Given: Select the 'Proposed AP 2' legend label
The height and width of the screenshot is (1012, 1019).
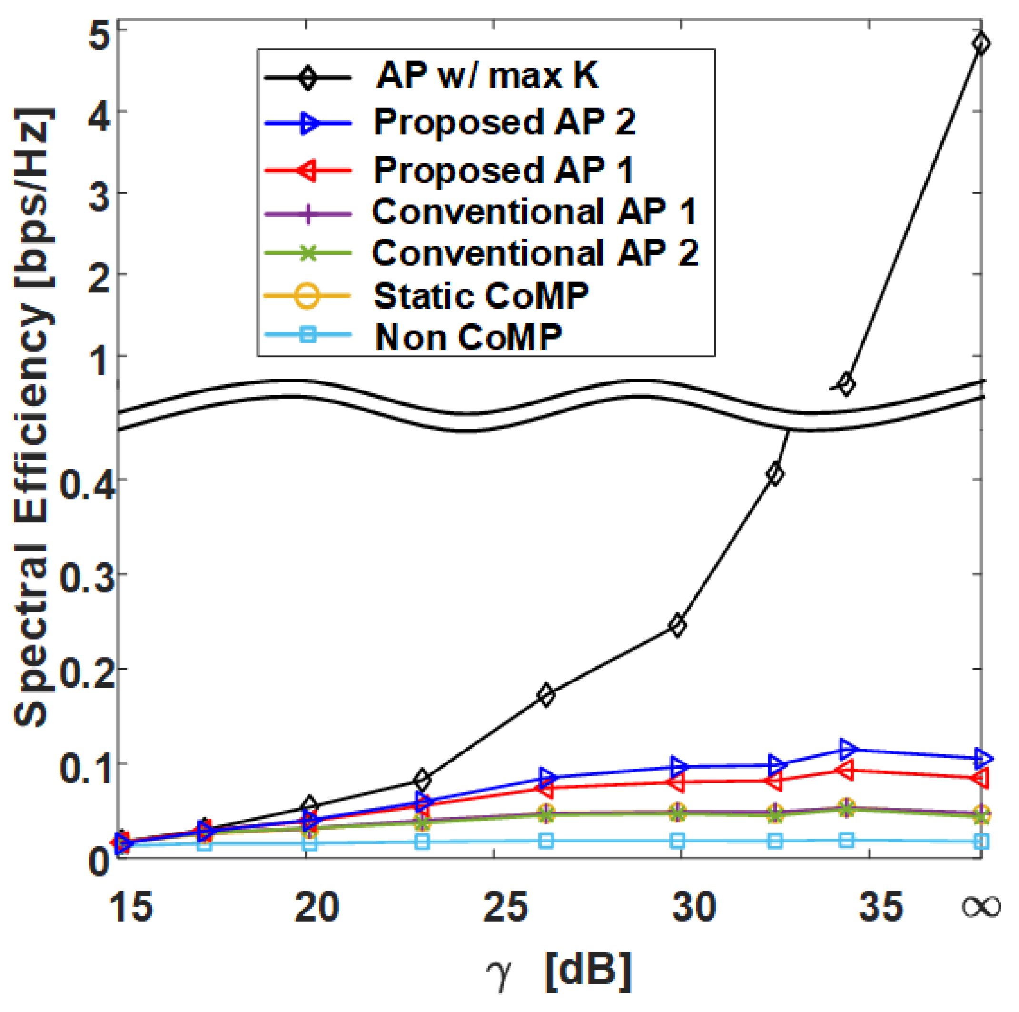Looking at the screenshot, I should coord(504,122).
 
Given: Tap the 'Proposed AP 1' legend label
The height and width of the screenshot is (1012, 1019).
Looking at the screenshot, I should coord(503,170).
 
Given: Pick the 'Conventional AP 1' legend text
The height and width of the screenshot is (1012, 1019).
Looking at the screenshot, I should coord(534,212).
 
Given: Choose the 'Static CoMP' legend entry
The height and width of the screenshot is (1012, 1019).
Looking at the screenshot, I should coord(481,296).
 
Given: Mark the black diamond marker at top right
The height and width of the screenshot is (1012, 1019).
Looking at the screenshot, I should coord(980,43).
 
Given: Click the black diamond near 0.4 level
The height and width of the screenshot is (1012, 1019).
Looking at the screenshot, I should coord(774,474).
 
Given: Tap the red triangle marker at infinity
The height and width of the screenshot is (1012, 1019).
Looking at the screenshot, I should coord(980,778).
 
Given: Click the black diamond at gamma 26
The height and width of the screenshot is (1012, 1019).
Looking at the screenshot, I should coord(546,694).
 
